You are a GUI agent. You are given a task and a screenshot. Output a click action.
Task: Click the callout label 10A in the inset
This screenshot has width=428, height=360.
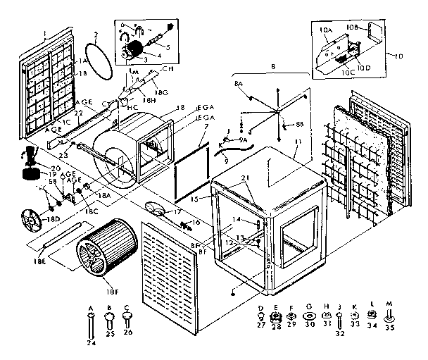tap(325, 30)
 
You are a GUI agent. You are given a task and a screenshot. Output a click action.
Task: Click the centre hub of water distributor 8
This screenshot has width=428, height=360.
tap(277, 111)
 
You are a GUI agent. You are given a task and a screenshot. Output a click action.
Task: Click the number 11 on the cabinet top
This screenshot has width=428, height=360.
tap(298, 142)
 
